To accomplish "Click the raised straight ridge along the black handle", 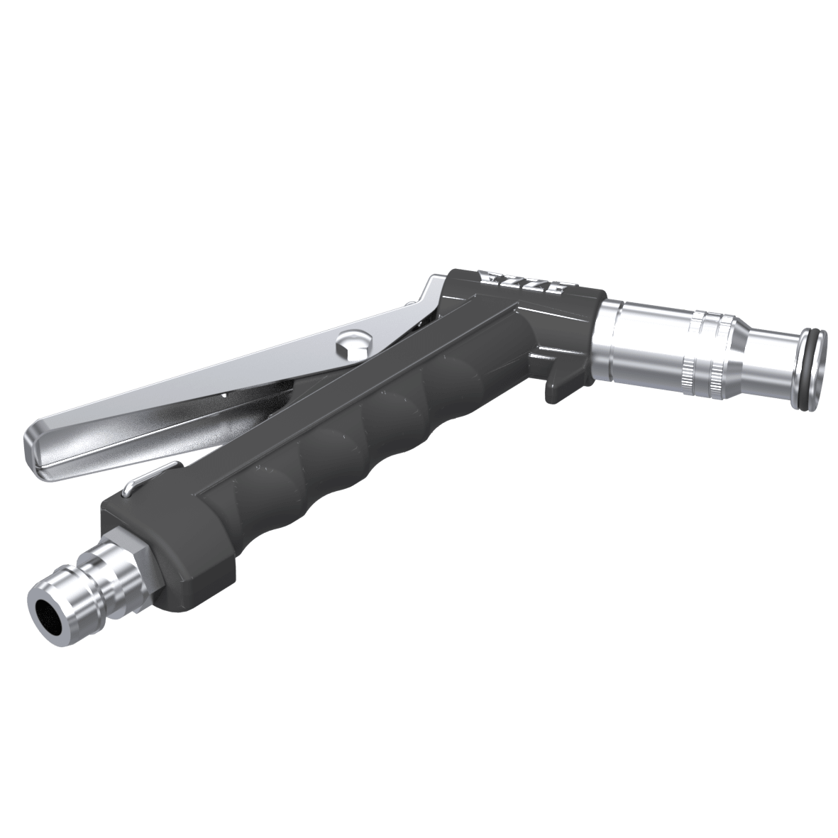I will click(x=355, y=412).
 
